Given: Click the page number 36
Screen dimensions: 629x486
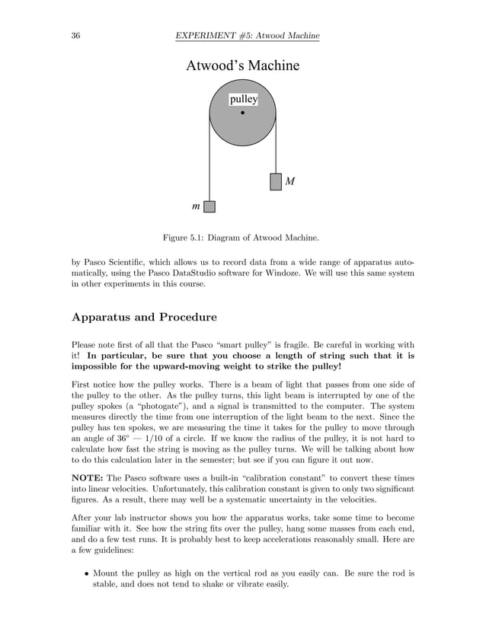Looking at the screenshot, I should coord(76,36).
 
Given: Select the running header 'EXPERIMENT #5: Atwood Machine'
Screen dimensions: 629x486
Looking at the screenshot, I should coord(247,36).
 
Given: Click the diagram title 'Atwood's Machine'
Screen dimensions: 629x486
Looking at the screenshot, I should coord(242,66).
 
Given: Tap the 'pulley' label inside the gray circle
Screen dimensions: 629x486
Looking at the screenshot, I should coord(243,100).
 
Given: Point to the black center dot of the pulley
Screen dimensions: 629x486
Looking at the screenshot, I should coord(243,113).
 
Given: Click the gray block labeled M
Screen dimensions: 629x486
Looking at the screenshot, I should coord(276,182).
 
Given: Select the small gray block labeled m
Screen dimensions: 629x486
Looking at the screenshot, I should coord(209,206).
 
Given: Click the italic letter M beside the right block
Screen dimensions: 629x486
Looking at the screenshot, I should coord(289,182).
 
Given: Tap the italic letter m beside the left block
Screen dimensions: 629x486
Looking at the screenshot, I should coord(196,206).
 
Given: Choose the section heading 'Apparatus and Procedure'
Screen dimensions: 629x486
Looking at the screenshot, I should coord(144,317).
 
